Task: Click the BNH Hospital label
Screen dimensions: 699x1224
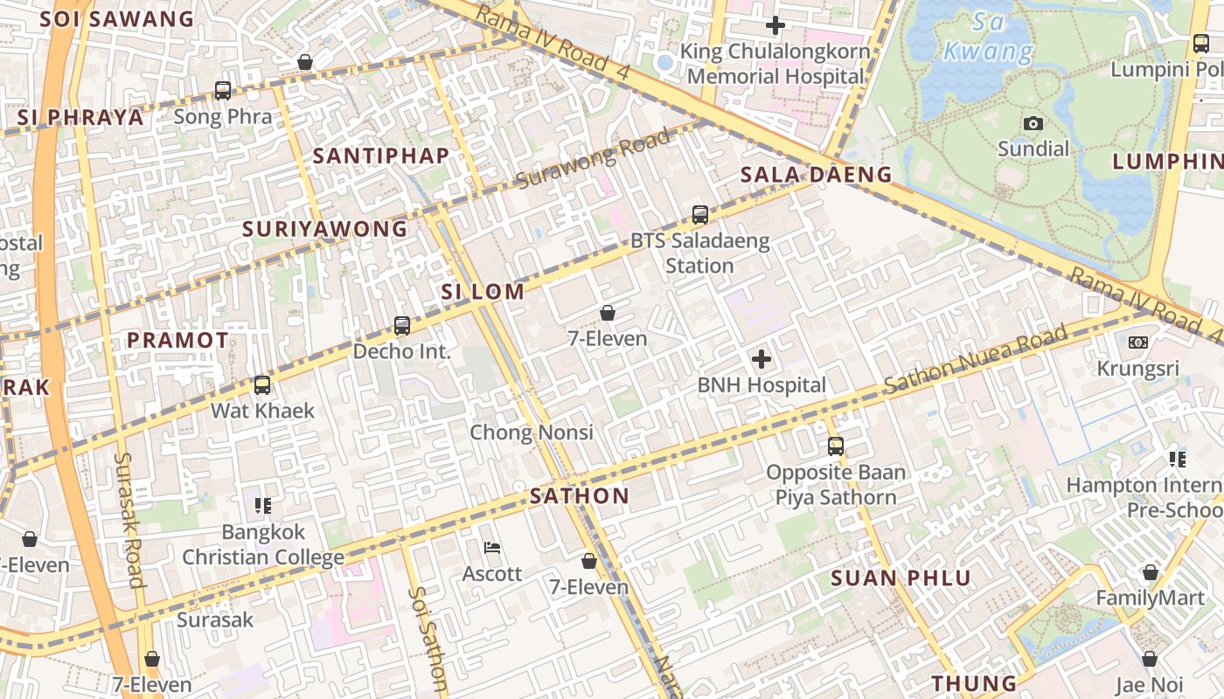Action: click(x=761, y=385)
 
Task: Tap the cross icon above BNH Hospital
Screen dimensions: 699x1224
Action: click(x=762, y=358)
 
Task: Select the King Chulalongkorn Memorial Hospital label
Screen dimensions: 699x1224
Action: click(x=775, y=64)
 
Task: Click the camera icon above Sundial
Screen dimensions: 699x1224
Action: click(x=1033, y=124)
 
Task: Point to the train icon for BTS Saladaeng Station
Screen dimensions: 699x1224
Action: click(x=699, y=214)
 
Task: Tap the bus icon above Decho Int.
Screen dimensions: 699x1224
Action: click(x=402, y=326)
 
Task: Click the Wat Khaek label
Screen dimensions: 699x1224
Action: click(x=262, y=411)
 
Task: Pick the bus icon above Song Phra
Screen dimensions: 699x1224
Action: click(x=223, y=90)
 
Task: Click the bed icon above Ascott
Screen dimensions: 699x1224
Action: click(x=492, y=548)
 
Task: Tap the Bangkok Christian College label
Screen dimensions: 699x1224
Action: click(x=263, y=544)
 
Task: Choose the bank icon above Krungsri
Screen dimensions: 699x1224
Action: click(x=1138, y=343)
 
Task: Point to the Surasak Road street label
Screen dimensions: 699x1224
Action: click(x=129, y=520)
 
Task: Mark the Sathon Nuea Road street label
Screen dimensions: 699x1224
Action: click(x=976, y=359)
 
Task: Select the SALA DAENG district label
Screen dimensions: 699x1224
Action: click(x=816, y=175)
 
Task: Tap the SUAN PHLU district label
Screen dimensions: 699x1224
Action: click(x=901, y=578)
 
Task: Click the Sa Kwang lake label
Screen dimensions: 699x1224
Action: click(x=988, y=37)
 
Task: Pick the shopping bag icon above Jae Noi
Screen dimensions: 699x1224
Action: click(x=1150, y=658)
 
